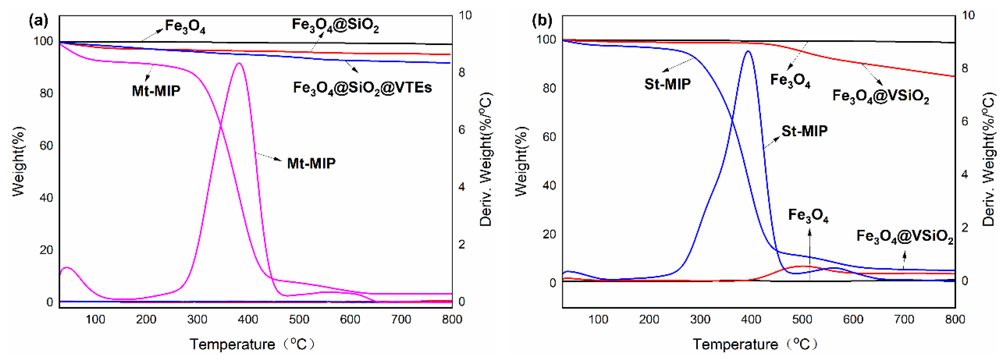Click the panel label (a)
coord(39,21)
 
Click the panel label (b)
coord(542,21)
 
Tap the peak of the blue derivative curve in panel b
coord(748,51)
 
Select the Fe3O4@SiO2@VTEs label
coord(362,88)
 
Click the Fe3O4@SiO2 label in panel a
coord(335,25)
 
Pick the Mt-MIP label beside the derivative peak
coord(311,163)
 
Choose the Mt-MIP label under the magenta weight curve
coord(156,91)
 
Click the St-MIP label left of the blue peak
coord(667,84)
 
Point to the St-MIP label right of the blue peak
coord(804,131)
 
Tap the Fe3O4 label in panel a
coord(185,26)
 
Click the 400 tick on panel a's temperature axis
coord(248,320)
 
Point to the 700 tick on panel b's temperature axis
coord(904,320)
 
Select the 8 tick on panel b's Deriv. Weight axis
coord(965,68)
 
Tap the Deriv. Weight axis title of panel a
coord(486,159)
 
